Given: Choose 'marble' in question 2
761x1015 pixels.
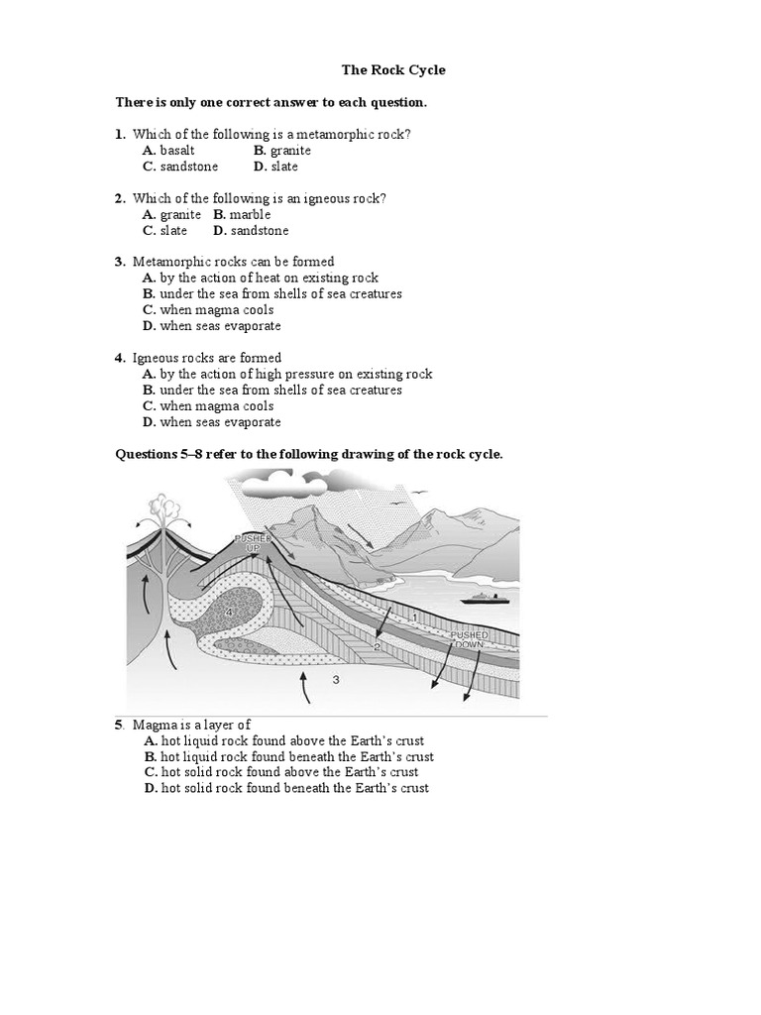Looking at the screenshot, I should click(x=250, y=215).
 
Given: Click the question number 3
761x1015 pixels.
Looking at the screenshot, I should click(x=119, y=263).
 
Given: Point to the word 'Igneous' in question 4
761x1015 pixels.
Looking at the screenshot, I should click(x=155, y=359).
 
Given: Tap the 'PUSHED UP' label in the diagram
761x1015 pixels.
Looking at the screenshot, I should click(x=252, y=542).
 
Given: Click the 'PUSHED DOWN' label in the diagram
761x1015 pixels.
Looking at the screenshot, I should click(x=469, y=639).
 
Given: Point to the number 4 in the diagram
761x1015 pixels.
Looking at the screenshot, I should click(x=229, y=613).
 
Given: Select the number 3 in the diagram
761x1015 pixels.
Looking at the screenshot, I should click(x=336, y=679).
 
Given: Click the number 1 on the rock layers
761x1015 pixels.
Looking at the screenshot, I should click(x=414, y=618).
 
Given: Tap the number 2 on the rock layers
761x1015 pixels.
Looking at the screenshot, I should click(x=377, y=646).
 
